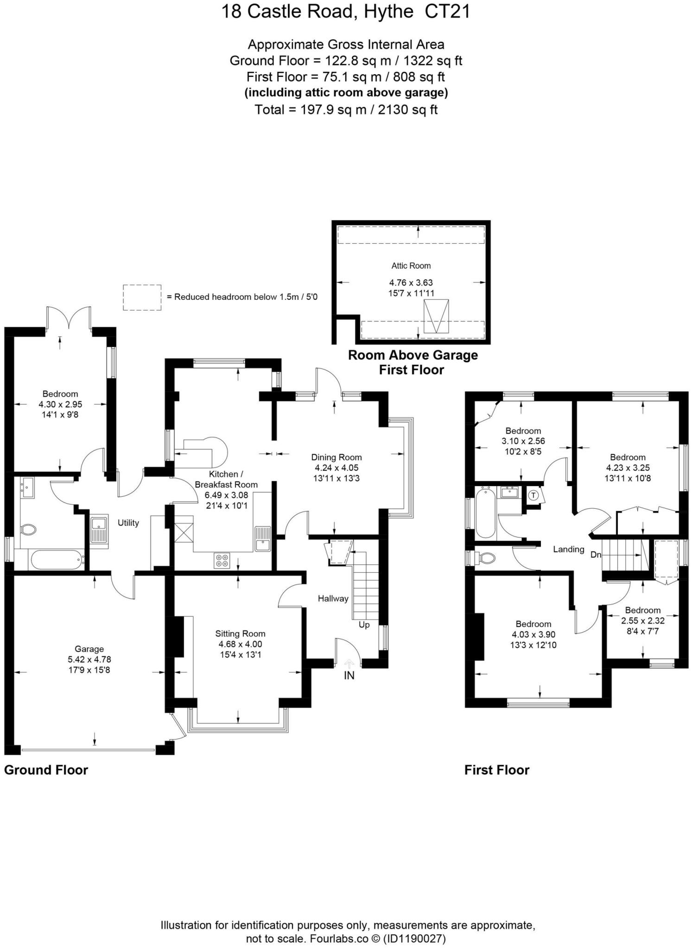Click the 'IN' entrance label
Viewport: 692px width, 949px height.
click(349, 676)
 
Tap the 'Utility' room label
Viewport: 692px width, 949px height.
click(128, 523)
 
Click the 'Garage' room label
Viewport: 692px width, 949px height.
click(89, 649)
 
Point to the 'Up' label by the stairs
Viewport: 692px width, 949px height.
click(364, 625)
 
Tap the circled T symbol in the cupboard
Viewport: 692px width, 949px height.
click(533, 495)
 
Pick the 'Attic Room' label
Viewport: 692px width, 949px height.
click(411, 266)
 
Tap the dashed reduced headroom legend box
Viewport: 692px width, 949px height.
click(142, 297)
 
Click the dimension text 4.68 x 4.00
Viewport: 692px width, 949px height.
click(240, 644)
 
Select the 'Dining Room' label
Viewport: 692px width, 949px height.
click(336, 457)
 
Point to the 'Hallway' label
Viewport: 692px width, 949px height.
click(333, 598)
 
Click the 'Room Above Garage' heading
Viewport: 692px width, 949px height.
click(413, 355)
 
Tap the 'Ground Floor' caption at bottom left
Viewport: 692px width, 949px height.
click(46, 770)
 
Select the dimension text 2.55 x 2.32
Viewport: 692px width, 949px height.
click(642, 620)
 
